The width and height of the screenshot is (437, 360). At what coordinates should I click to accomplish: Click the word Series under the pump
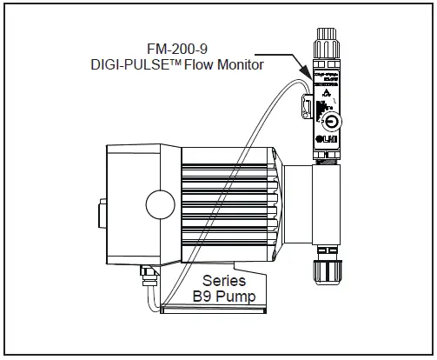point(224,281)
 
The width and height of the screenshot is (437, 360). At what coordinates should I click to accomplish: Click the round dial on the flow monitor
point(331,121)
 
